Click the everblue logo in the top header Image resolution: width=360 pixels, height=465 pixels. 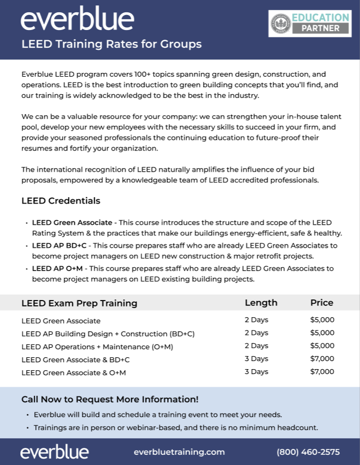[77, 20]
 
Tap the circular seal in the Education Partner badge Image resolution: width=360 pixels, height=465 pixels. [280, 23]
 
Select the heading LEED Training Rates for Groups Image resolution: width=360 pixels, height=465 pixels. [111, 44]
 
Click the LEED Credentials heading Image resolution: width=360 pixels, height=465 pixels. [61, 201]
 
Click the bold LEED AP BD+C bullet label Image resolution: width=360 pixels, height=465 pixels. [59, 245]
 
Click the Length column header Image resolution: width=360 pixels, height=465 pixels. [261, 303]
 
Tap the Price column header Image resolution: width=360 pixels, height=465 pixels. [321, 303]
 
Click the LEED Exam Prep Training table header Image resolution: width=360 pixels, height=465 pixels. [79, 303]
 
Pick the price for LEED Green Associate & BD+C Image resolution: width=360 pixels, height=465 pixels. [322, 359]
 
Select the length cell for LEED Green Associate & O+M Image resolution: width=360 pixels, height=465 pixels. [256, 372]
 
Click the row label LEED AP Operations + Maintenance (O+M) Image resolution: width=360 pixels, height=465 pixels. [97, 347]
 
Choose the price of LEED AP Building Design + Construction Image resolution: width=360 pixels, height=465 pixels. [322, 333]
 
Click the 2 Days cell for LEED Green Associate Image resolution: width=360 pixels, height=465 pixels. [256, 320]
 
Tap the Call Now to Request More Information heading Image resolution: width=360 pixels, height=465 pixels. [110, 399]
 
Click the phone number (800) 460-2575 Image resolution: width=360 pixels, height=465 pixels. [308, 452]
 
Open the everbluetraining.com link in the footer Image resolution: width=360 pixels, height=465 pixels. [179, 452]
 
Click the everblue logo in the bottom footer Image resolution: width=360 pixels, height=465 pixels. [55, 452]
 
